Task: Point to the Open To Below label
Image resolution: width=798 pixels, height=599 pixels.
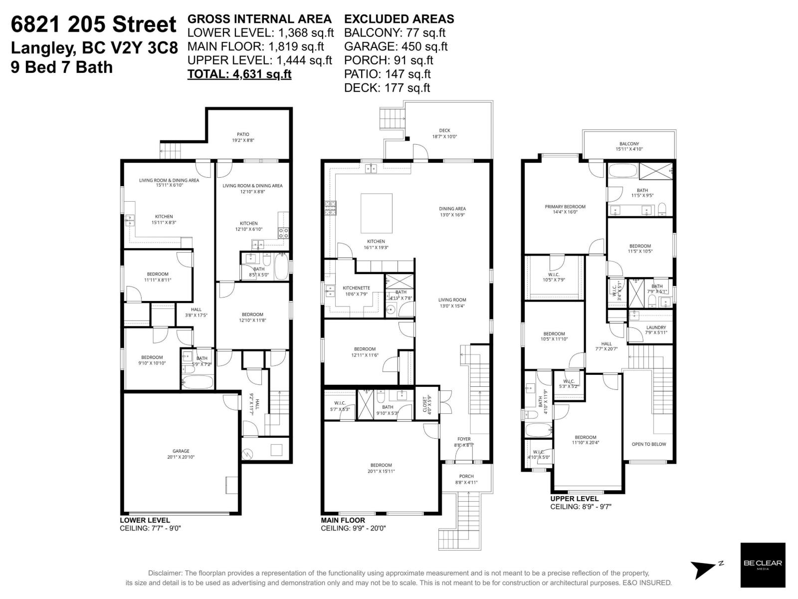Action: pyautogui.click(x=648, y=444)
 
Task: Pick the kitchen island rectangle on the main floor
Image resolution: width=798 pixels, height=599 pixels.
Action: pyautogui.click(x=377, y=213)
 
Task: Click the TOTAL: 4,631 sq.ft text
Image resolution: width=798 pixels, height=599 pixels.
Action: pyautogui.click(x=239, y=74)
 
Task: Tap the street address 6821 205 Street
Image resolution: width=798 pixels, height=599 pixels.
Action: pyautogui.click(x=94, y=24)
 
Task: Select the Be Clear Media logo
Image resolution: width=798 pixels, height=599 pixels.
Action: pyautogui.click(x=763, y=565)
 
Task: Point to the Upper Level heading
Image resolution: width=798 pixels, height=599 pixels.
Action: pyautogui.click(x=575, y=499)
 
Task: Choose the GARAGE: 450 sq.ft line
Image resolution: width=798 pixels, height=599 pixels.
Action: pyautogui.click(x=396, y=46)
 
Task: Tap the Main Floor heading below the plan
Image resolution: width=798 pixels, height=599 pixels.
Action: pyautogui.click(x=343, y=520)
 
